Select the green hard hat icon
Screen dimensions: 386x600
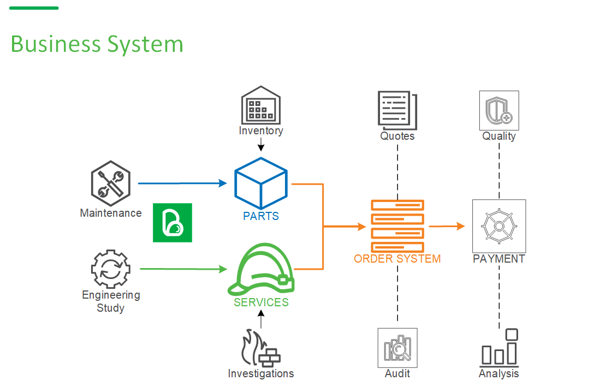261,270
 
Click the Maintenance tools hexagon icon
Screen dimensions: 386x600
111,182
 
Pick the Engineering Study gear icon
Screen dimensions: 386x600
111,269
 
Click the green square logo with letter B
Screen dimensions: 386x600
173,223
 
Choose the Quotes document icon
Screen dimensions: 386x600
397,110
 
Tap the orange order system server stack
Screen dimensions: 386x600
397,225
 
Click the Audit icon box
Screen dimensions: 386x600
397,348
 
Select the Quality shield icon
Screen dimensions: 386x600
499,110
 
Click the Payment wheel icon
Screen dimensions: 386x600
499,225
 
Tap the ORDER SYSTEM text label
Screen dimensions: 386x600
397,259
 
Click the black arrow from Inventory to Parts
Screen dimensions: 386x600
261,145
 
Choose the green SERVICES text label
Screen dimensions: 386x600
261,302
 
